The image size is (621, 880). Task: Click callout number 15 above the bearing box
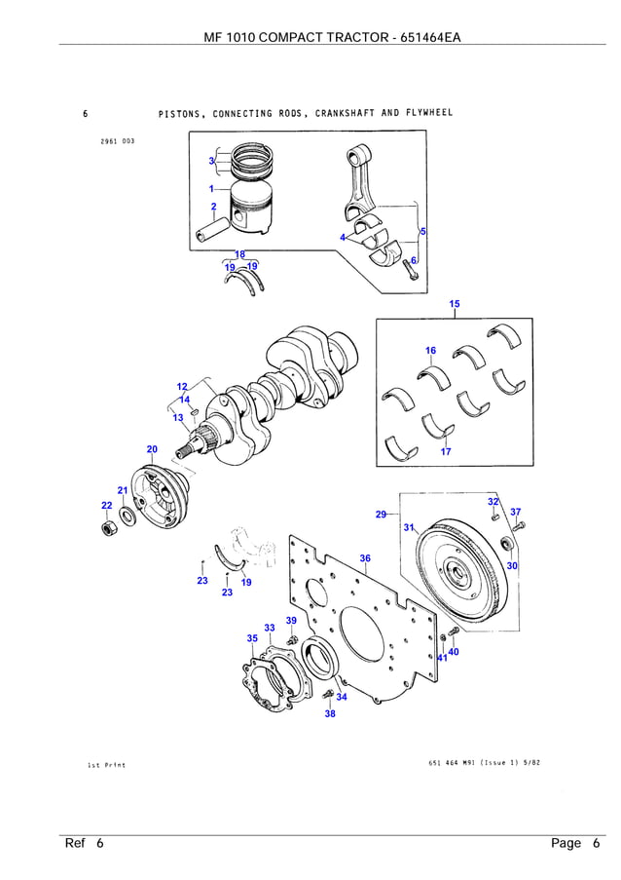click(x=455, y=305)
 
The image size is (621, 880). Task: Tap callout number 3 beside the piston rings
click(x=211, y=161)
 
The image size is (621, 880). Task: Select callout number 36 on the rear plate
click(x=365, y=558)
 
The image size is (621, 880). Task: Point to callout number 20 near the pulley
click(x=152, y=449)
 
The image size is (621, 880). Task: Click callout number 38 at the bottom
click(x=330, y=713)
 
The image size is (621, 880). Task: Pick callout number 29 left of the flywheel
click(x=381, y=514)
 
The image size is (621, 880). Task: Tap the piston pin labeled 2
click(x=212, y=235)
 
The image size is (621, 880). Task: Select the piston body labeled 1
click(x=259, y=210)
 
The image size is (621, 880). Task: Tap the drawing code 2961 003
click(x=117, y=141)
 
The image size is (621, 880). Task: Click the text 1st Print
click(x=107, y=765)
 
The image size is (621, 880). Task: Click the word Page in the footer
click(x=566, y=843)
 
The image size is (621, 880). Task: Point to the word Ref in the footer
click(x=76, y=843)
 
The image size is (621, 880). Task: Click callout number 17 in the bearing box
click(x=446, y=451)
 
